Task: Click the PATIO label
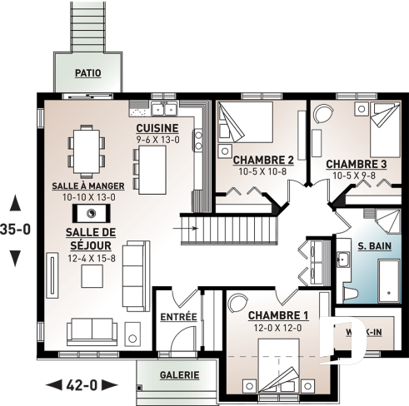point(87,73)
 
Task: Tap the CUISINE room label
point(157,127)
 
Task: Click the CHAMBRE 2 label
point(262,160)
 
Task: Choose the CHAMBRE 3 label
point(356,164)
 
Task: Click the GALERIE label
point(179,375)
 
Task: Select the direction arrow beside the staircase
point(189,225)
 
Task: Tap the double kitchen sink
point(163,108)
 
